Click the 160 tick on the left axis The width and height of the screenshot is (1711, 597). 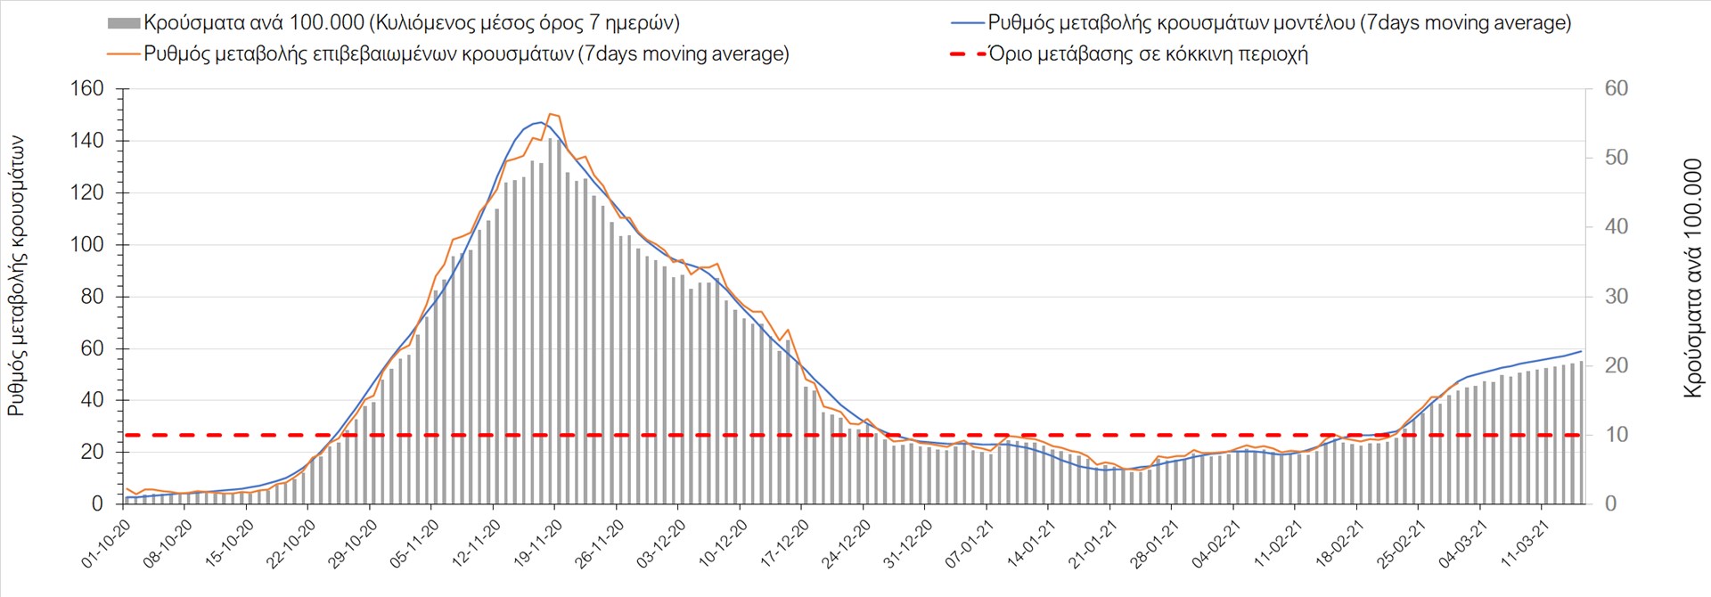86,89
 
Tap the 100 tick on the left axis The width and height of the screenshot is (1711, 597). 86,245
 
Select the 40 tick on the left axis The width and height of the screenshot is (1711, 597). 92,400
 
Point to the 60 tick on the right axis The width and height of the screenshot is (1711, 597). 1616,89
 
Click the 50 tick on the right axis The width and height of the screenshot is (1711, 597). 1616,158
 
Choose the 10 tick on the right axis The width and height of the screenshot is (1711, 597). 1616,435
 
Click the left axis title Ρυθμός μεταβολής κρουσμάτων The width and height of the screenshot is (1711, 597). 17,276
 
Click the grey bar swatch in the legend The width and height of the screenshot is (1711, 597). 124,23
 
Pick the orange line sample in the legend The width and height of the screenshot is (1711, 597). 124,54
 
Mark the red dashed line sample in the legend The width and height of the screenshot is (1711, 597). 968,54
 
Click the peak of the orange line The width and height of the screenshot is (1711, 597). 551,114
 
